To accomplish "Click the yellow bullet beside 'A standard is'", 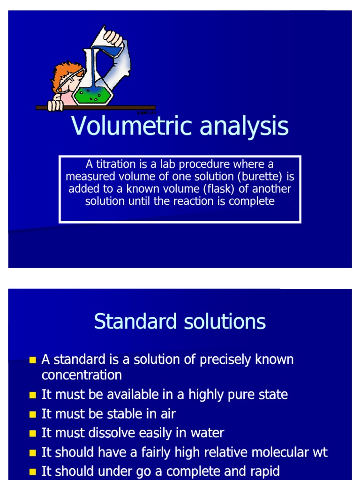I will tap(32, 360).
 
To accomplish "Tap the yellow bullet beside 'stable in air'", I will tap(32, 414).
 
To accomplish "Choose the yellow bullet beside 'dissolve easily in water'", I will tap(32, 434).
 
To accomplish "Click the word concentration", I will tap(82, 375).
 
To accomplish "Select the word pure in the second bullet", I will tap(244, 395).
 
